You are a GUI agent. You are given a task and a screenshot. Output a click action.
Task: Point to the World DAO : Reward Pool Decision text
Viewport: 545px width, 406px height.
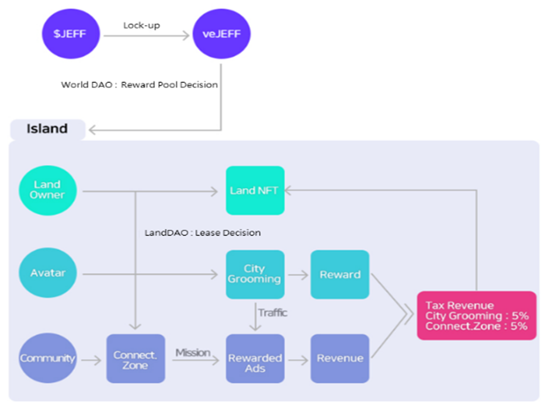click(140, 85)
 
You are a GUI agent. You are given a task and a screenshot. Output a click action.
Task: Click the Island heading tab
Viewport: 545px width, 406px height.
click(47, 129)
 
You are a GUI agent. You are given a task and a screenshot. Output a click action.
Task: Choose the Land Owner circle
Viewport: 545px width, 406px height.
click(47, 190)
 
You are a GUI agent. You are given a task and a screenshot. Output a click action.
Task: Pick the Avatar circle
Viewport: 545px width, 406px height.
click(47, 273)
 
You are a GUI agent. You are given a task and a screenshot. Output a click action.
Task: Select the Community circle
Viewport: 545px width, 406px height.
click(47, 358)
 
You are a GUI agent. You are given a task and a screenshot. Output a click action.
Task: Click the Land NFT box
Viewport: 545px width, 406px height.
click(255, 190)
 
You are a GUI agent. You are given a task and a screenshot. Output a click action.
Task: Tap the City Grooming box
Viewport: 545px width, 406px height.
click(255, 274)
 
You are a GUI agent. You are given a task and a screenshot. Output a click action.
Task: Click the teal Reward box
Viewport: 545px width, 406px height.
click(340, 274)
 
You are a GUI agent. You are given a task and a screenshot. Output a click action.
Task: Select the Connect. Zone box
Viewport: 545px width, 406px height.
click(136, 359)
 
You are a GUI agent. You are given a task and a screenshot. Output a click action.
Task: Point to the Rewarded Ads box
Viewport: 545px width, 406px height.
click(255, 359)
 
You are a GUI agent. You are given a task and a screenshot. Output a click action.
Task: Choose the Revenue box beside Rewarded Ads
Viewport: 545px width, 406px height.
click(340, 359)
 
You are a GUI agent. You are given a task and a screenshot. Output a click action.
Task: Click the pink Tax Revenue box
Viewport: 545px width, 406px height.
click(477, 315)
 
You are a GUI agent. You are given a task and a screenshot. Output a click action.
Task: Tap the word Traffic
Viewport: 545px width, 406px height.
click(273, 313)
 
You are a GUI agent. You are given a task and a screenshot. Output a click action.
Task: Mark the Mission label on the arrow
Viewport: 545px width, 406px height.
click(193, 352)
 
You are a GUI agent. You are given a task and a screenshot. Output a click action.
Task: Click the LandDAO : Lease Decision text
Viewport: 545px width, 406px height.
click(202, 233)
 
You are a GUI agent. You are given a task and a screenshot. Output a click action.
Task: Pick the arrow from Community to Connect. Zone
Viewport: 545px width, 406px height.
click(91, 359)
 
